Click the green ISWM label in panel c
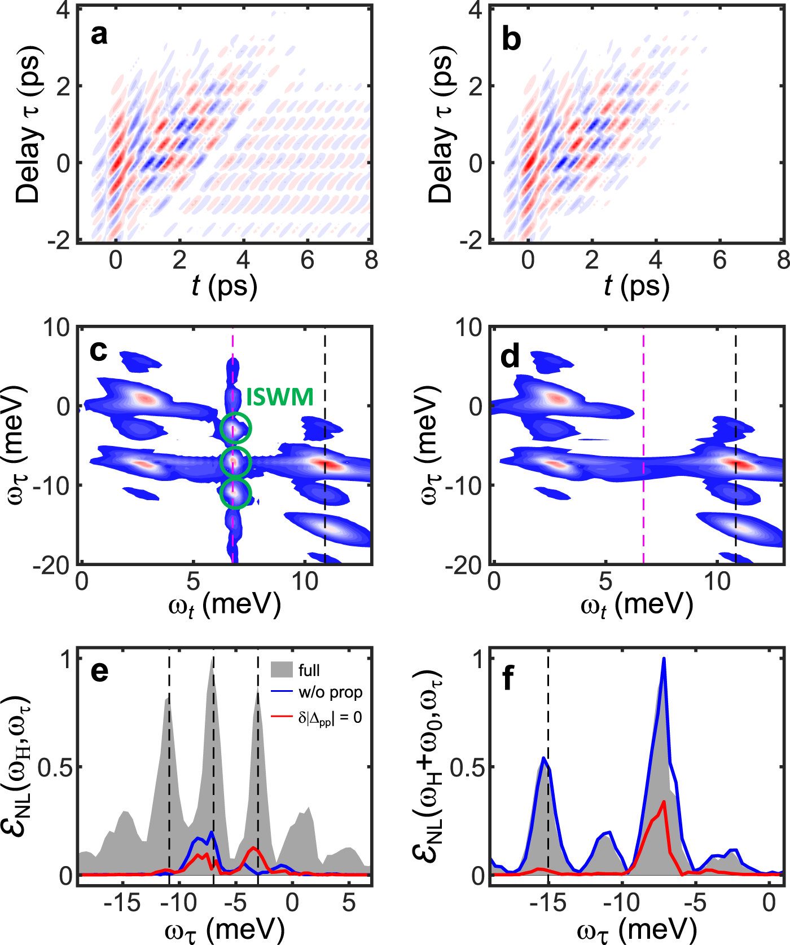click(280, 398)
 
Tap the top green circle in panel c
click(235, 428)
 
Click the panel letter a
click(99, 35)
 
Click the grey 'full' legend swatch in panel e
click(282, 669)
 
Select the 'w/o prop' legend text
click(330, 692)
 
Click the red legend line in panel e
click(282, 717)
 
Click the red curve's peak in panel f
click(664, 802)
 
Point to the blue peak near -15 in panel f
click(543, 758)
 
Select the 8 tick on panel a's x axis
click(371, 260)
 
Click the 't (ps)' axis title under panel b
click(637, 286)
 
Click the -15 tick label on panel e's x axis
click(122, 903)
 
